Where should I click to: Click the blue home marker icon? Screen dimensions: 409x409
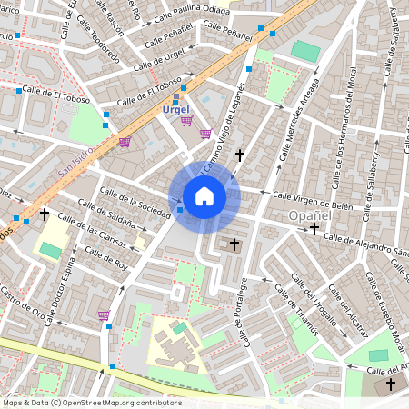click(204, 196)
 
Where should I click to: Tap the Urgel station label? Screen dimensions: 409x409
click(176, 109)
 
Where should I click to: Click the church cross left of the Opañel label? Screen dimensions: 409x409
click(314, 230)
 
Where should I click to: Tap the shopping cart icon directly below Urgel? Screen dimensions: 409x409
click(186, 121)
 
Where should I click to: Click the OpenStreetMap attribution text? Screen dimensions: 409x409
click(92, 403)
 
